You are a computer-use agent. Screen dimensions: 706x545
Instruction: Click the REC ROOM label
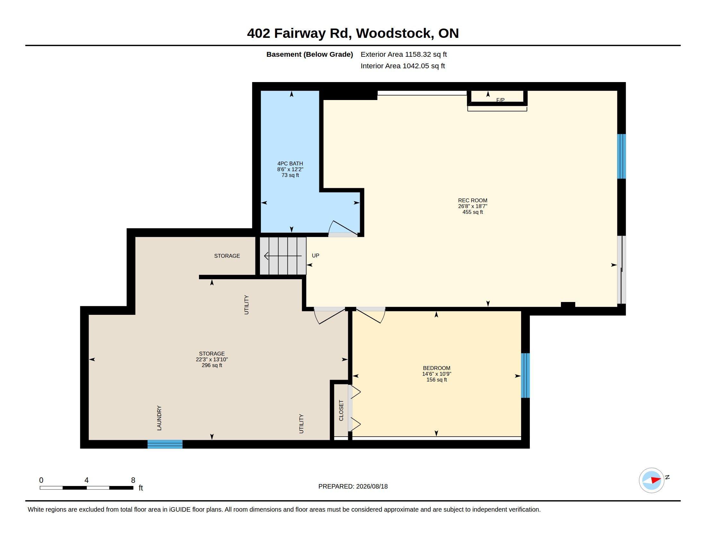coord(472,200)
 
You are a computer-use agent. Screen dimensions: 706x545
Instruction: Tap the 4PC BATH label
coord(290,164)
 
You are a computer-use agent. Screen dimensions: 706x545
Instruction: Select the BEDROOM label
coord(436,368)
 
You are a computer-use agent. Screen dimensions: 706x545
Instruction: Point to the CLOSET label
coord(341,410)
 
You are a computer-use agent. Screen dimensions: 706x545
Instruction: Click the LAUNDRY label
coord(159,418)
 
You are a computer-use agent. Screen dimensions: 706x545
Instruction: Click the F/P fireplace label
coord(500,100)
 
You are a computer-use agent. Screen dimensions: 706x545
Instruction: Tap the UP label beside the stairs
coord(315,256)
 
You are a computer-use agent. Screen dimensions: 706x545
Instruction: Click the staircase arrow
coord(283,256)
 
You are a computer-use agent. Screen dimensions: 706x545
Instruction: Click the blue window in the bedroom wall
coord(525,375)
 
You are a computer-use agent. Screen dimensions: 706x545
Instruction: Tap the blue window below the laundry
coord(165,444)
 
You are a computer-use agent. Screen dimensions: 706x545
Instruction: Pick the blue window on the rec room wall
coord(622,156)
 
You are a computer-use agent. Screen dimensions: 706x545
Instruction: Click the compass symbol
coord(651,481)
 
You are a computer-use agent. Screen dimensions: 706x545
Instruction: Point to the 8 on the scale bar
coord(133,480)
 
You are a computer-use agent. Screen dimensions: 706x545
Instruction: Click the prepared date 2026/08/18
coord(372,486)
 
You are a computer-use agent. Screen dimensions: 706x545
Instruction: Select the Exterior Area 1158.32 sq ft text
coord(404,54)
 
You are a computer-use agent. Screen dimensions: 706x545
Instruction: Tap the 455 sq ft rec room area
coord(473,212)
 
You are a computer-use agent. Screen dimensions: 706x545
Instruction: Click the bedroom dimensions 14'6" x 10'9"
coord(436,374)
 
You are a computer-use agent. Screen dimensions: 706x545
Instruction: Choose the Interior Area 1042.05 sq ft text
coord(403,66)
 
